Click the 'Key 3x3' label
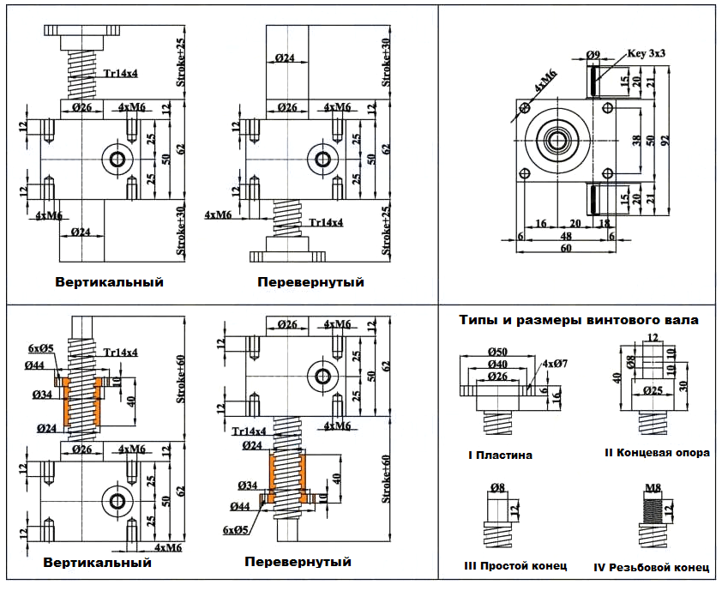point(647,53)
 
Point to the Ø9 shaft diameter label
point(593,55)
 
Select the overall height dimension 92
point(665,141)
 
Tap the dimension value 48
point(566,234)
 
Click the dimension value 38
point(636,139)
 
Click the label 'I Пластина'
point(501,455)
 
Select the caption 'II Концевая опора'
point(657,453)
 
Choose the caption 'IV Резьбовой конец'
point(651,567)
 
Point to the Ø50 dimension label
point(499,353)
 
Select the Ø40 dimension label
point(498,365)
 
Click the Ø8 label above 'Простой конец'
point(497,489)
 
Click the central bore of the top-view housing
point(560,139)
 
